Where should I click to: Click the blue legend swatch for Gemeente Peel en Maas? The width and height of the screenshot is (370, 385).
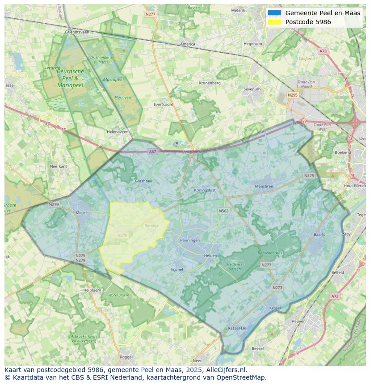coord(275,13)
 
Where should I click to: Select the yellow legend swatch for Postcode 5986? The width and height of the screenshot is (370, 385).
coord(275,22)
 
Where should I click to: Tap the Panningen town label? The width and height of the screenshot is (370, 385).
coord(190,240)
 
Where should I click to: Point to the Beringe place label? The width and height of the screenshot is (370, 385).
coord(151,226)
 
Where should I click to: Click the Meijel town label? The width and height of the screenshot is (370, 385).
coord(81,212)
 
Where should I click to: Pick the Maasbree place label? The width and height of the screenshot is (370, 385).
coord(264,186)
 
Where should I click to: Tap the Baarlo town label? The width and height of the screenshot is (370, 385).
coord(320,234)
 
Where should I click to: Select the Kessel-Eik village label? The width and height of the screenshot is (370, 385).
coord(237,328)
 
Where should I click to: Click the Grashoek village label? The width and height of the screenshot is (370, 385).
coord(143,181)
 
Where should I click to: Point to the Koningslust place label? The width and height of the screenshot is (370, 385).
coord(205,190)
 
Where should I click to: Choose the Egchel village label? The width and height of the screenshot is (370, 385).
coord(177,269)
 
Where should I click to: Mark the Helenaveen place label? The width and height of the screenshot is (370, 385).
coord(118,132)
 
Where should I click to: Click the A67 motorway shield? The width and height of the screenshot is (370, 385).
coord(153,152)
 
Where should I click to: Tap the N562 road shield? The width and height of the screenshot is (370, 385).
coord(223,211)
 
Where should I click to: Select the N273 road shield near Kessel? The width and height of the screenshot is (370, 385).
coord(277,288)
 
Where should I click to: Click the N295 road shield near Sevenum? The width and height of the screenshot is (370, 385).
coord(293,95)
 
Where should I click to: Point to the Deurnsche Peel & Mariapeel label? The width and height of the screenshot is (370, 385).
coord(70,78)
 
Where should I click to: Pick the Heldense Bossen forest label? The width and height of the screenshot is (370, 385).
coord(235,267)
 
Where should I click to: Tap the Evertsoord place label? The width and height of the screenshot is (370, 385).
coord(163,104)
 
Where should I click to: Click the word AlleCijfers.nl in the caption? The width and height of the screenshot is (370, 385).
coord(226,370)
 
